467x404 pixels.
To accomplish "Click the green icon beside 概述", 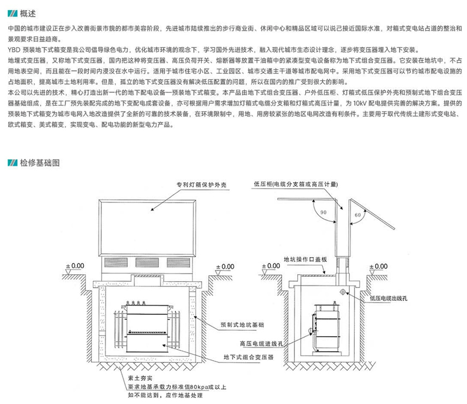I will (x=12, y=10).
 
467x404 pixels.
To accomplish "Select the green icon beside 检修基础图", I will (x=12, y=162).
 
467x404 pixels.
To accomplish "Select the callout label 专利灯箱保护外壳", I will (x=202, y=185).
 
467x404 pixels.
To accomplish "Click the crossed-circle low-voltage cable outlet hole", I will (x=343, y=292).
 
